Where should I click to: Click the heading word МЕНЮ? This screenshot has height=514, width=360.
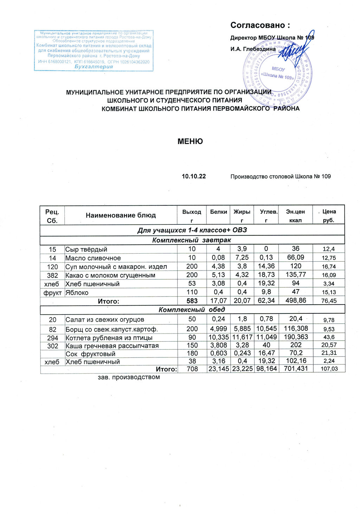pos(190,141)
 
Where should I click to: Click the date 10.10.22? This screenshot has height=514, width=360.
pos(193,176)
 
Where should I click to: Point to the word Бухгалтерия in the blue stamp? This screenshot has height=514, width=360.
pos(94,67)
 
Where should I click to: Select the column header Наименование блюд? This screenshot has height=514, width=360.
pos(121,215)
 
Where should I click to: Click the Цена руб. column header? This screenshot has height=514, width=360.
pos(329,216)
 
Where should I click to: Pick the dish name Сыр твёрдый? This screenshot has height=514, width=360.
pos(86,249)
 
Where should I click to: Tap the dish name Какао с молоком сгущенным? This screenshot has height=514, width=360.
pos(110,275)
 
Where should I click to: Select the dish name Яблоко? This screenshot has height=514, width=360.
pos(77,292)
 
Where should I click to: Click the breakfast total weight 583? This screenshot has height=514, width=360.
pos(192,301)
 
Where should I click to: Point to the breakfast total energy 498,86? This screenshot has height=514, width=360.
pos(296,300)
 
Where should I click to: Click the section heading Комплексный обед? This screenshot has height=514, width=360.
pos(192,310)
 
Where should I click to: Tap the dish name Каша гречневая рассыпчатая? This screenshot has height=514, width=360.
pos(112,346)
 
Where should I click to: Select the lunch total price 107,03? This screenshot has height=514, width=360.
pos(328,369)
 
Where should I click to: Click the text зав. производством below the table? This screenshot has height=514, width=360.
pos(128,377)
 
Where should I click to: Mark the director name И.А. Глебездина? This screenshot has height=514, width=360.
pos(253,49)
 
